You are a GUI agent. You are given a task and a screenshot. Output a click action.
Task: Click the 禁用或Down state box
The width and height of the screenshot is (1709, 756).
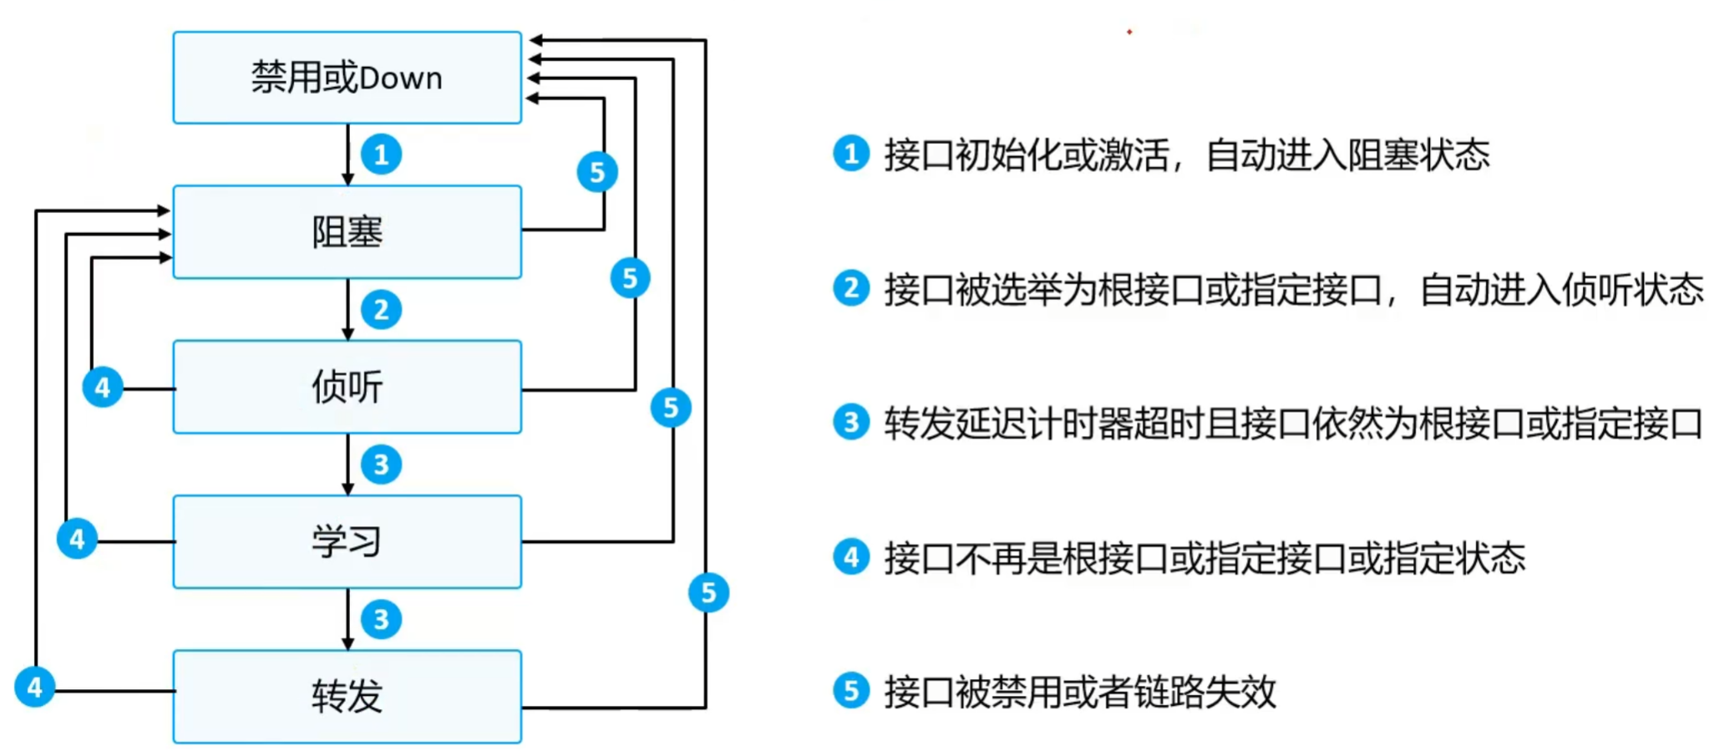click(x=347, y=78)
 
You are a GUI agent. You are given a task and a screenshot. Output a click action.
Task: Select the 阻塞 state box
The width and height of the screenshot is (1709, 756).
click(x=347, y=231)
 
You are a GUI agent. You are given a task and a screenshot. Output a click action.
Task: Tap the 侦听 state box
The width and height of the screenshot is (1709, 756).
click(x=347, y=387)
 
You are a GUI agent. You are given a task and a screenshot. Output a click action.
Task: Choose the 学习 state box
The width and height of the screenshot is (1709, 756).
click(x=347, y=541)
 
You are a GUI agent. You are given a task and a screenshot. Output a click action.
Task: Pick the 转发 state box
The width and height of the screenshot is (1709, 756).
click(x=347, y=696)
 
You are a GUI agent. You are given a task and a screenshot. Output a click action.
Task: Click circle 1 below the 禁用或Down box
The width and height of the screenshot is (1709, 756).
click(x=381, y=155)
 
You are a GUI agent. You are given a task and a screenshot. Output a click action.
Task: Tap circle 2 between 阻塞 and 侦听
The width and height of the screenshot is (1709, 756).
click(x=381, y=310)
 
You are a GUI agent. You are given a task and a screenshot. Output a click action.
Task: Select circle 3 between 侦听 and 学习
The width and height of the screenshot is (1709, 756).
click(x=381, y=464)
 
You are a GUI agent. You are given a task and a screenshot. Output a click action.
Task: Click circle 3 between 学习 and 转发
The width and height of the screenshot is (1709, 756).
click(x=381, y=619)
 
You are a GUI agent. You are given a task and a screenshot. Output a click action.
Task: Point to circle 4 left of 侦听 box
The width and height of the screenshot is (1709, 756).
click(x=103, y=387)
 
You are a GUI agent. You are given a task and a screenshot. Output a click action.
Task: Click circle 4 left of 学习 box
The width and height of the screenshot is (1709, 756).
click(x=77, y=539)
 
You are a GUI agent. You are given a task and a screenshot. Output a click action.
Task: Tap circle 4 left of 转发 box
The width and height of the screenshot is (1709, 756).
click(x=34, y=688)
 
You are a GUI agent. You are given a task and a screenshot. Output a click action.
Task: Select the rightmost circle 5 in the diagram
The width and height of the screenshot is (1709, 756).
click(x=708, y=592)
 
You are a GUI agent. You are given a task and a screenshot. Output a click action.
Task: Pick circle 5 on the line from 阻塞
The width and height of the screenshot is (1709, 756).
click(x=597, y=172)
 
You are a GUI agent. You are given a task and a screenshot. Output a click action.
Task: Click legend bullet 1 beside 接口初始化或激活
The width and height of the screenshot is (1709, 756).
click(x=851, y=154)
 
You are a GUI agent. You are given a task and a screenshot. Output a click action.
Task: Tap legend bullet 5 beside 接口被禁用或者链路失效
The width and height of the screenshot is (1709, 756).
click(x=851, y=691)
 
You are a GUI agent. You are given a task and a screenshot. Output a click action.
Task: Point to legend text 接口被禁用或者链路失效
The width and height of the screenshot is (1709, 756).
click(x=1080, y=692)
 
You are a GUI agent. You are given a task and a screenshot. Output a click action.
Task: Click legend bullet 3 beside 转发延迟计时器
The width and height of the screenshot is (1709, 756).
click(x=851, y=423)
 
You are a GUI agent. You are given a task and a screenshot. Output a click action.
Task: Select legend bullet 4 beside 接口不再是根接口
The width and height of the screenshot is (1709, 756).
click(x=851, y=556)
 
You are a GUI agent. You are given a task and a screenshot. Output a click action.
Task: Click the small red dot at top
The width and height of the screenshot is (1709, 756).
click(x=1129, y=32)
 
